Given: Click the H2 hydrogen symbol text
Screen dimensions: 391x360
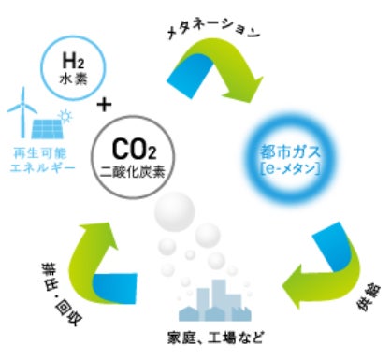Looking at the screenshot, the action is coord(73,61).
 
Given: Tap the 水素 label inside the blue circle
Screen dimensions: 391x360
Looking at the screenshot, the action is coord(74,79).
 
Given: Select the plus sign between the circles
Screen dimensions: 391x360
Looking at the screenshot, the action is coord(104,105).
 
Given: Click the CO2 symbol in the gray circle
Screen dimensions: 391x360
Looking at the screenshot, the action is coord(134,150).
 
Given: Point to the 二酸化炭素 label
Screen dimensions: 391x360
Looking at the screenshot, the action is coord(133,172).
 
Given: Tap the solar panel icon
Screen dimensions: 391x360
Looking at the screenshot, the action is coord(48,129).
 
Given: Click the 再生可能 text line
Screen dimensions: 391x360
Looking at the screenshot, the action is coord(40,153).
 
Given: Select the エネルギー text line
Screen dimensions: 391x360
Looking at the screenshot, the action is coord(42,168).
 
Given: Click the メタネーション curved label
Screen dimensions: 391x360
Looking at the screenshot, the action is coord(213,31).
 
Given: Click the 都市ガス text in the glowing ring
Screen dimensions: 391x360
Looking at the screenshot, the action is coord(290,152).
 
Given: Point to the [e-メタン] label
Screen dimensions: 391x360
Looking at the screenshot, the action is coord(290,169).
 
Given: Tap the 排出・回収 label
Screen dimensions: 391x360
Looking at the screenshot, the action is coord(61,294).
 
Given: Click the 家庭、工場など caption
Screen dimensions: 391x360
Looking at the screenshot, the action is coord(216,338).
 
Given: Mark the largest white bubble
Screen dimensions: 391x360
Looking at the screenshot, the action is coord(175,212).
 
